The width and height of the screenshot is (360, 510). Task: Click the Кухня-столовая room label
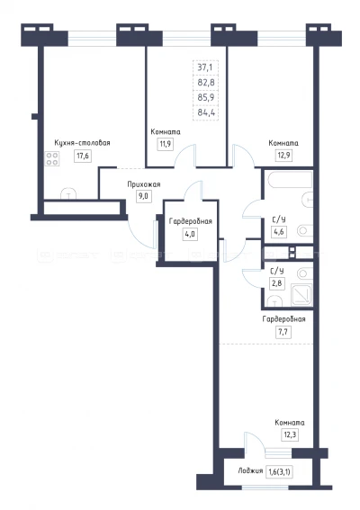click(x=83, y=143)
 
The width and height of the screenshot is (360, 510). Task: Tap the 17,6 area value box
click(x=83, y=156)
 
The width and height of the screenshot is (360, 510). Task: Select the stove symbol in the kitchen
click(x=52, y=159)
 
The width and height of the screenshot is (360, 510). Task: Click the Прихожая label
click(x=144, y=184)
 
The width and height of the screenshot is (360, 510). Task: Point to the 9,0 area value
click(x=144, y=197)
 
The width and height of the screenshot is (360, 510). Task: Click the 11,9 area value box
click(x=166, y=144)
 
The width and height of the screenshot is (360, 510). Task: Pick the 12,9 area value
click(x=283, y=156)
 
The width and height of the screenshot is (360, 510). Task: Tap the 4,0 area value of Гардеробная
click(x=190, y=234)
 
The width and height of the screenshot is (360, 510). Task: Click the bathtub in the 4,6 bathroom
click(x=290, y=179)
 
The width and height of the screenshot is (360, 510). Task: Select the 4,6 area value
click(x=279, y=232)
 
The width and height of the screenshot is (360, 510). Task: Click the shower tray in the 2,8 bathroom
click(x=301, y=295)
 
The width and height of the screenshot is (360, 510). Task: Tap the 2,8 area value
click(x=277, y=283)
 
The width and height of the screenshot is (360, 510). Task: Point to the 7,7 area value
click(x=283, y=333)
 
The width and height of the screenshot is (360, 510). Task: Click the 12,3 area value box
click(x=290, y=435)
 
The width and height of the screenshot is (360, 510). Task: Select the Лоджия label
click(x=250, y=471)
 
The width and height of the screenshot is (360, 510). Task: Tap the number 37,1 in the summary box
click(x=205, y=67)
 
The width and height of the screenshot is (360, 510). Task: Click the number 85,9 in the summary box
click(x=206, y=97)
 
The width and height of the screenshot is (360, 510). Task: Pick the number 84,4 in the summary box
click(x=206, y=113)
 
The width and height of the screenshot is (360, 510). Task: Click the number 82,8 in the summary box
click(x=206, y=83)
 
